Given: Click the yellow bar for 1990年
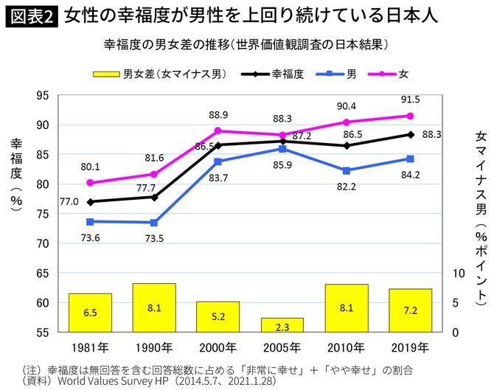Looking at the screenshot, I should coord(154,307).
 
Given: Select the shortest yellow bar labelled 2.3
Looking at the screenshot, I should coord(282,325).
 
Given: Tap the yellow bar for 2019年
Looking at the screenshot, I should coord(410,310).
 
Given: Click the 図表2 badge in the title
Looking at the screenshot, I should coord(32,15).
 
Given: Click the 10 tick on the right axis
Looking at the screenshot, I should coord(456,273).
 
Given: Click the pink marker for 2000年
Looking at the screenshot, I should coord(218,130).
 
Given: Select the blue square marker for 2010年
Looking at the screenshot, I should coord(347,170).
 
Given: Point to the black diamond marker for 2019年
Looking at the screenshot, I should coord(411,134).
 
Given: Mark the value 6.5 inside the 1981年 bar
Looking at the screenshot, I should coord(90,313).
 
